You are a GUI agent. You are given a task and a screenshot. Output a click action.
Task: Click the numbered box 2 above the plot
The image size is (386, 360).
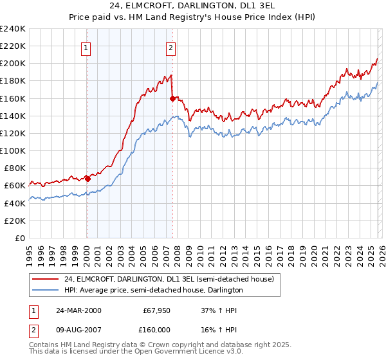click(x=171, y=47)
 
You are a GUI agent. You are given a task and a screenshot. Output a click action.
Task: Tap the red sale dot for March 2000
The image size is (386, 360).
click(x=87, y=179)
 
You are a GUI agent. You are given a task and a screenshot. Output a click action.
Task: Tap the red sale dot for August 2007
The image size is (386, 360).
click(x=172, y=98)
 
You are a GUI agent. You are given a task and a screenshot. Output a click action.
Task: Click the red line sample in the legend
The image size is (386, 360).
click(x=46, y=279)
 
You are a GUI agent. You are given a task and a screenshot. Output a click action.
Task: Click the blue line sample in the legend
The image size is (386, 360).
click(x=46, y=290)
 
